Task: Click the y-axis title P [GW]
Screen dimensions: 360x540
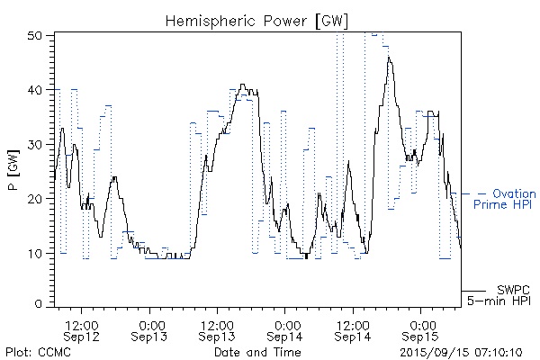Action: [x=13, y=169]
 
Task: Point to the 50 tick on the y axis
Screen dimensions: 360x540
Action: [x=37, y=35]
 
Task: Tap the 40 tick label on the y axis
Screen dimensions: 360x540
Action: [x=37, y=90]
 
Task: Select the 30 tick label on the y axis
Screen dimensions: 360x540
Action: [x=37, y=144]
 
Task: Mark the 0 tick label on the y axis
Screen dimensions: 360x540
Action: [x=40, y=305]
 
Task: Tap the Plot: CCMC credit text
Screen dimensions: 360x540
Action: [x=38, y=351]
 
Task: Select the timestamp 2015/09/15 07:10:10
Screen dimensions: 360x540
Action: [x=461, y=351]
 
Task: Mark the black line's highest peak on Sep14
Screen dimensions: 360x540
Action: [x=389, y=58]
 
